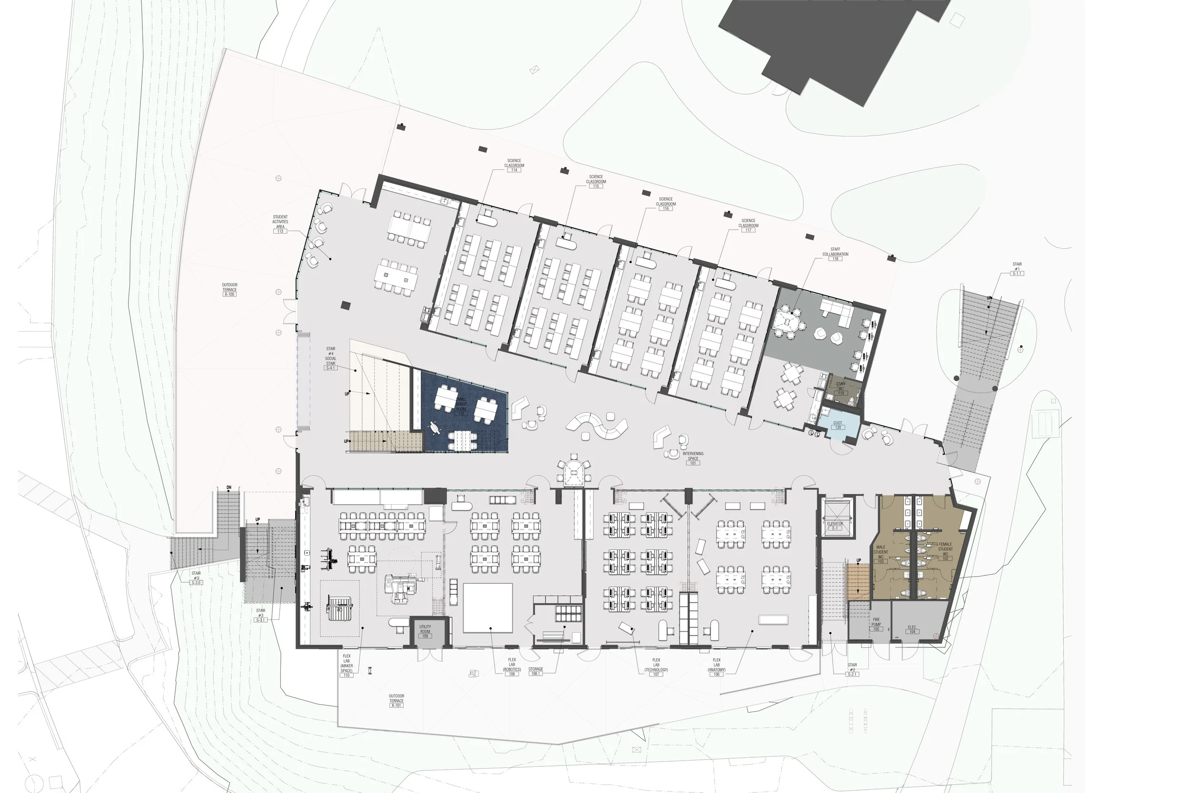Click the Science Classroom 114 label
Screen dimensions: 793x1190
coord(514,166)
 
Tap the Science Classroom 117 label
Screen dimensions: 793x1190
coord(748,225)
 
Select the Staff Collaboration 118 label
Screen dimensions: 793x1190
coord(835,254)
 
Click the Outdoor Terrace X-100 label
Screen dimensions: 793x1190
coord(229,289)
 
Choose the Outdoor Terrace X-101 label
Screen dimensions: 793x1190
coord(396,700)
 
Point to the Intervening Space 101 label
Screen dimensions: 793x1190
coord(693,458)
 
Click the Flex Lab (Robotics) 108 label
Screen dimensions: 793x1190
coord(512,667)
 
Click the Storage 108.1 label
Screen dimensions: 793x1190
coord(535,671)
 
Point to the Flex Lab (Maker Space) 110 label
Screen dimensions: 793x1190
coord(347,666)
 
